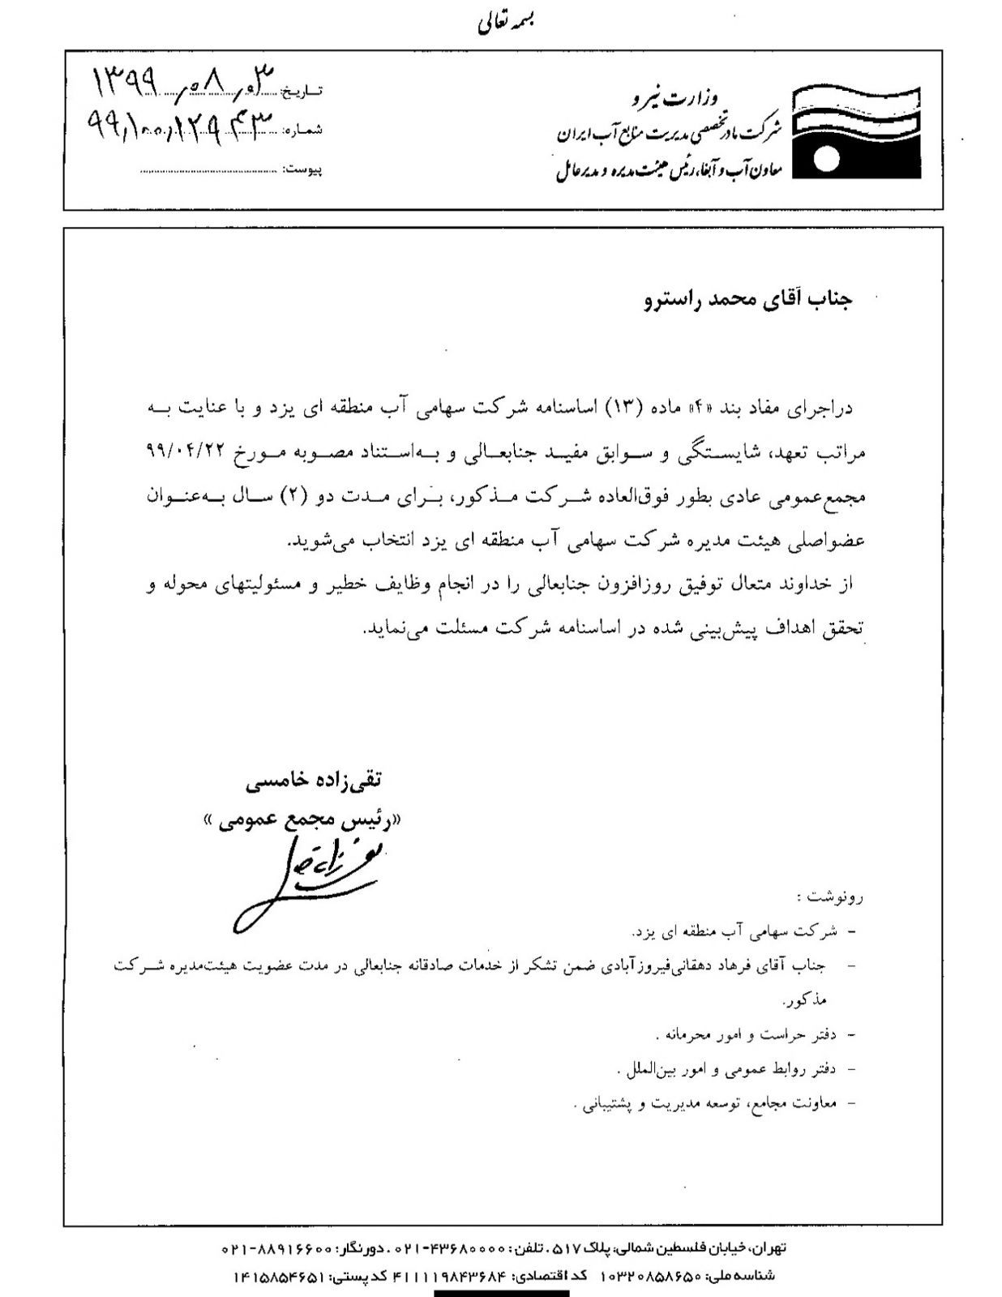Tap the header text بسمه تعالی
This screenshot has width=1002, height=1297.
(x=504, y=24)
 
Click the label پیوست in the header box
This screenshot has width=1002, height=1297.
(x=306, y=170)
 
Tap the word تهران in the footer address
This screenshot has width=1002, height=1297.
(x=769, y=1248)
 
